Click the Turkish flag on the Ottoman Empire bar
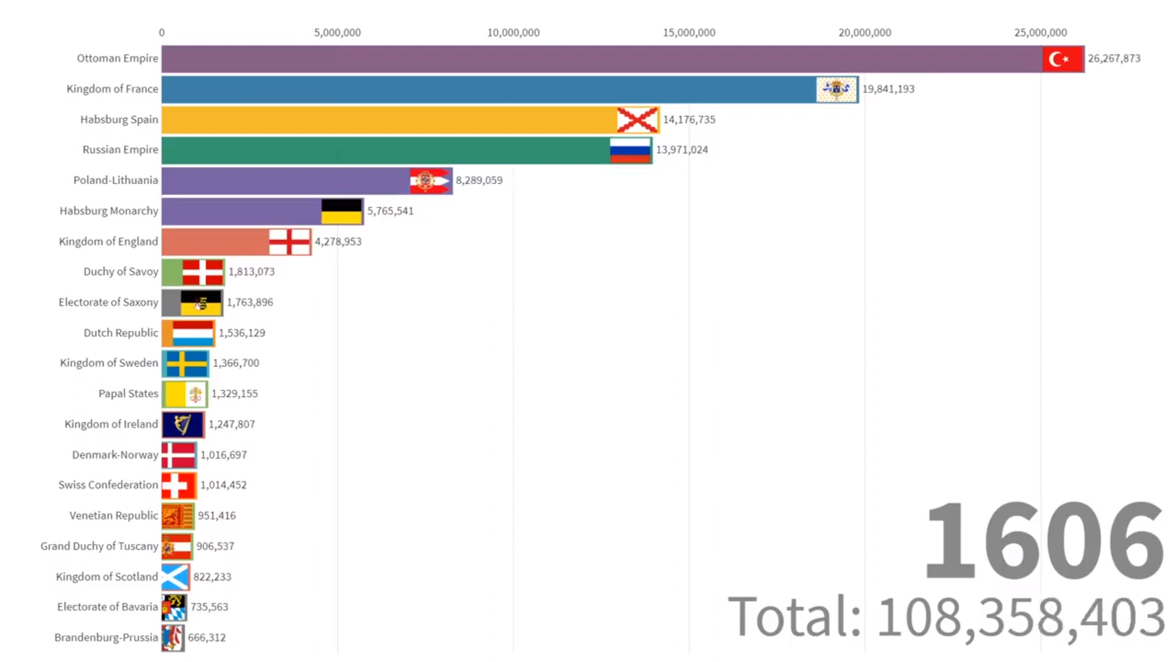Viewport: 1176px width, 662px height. pos(1063,59)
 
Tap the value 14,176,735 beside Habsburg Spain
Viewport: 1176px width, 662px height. pos(689,120)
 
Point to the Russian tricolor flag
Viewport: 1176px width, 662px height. pos(630,150)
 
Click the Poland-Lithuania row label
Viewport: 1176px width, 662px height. pos(116,180)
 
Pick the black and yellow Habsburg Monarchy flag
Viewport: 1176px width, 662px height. pos(341,211)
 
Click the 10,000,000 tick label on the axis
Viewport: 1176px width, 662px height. pos(513,32)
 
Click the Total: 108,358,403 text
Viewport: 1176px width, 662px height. pos(946,617)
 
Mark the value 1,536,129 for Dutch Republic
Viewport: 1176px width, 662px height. pos(242,333)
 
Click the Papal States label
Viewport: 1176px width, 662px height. pos(128,394)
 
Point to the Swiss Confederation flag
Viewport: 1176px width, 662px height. pos(178,485)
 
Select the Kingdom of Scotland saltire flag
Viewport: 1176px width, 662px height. pos(175,577)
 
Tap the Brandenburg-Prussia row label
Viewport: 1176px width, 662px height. pos(106,637)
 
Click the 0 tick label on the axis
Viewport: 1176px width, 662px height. pos(162,32)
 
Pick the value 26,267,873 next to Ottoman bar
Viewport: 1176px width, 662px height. pos(1114,59)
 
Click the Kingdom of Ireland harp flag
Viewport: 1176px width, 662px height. pos(183,424)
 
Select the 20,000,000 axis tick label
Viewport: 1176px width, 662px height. pos(865,32)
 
